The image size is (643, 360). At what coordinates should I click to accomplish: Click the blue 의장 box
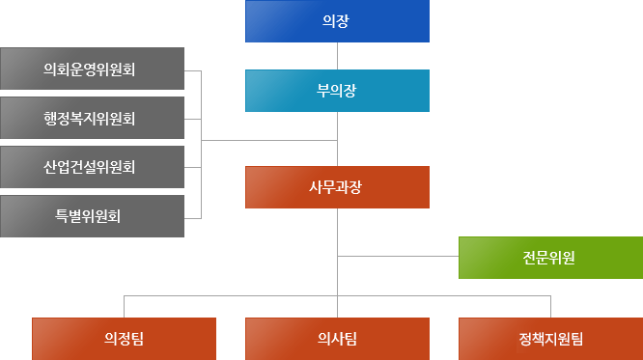337,21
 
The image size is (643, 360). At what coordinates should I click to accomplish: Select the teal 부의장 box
337,91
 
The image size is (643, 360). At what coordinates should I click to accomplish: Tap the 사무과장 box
337,187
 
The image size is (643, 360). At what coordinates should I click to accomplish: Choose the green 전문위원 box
550,257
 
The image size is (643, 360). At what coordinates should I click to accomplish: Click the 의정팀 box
124,338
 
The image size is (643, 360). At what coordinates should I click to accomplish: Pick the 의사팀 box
337,338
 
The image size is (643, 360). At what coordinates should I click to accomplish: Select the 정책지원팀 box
550,338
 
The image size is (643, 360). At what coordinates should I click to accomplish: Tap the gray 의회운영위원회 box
93,69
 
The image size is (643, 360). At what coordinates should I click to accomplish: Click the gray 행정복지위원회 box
93,119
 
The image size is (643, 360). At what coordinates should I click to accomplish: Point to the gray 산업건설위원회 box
93,167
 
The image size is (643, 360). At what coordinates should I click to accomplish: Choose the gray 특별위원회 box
93,215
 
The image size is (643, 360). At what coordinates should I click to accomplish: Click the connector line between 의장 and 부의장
337,56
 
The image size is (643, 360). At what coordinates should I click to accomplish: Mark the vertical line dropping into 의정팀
124,305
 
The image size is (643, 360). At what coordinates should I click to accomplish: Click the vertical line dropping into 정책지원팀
550,305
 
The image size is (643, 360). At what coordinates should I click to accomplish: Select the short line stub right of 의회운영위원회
193,70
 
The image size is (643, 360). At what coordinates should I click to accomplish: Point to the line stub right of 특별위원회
193,215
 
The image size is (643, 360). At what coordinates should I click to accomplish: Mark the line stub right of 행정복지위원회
193,119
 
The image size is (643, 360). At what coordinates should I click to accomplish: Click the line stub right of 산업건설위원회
193,167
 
